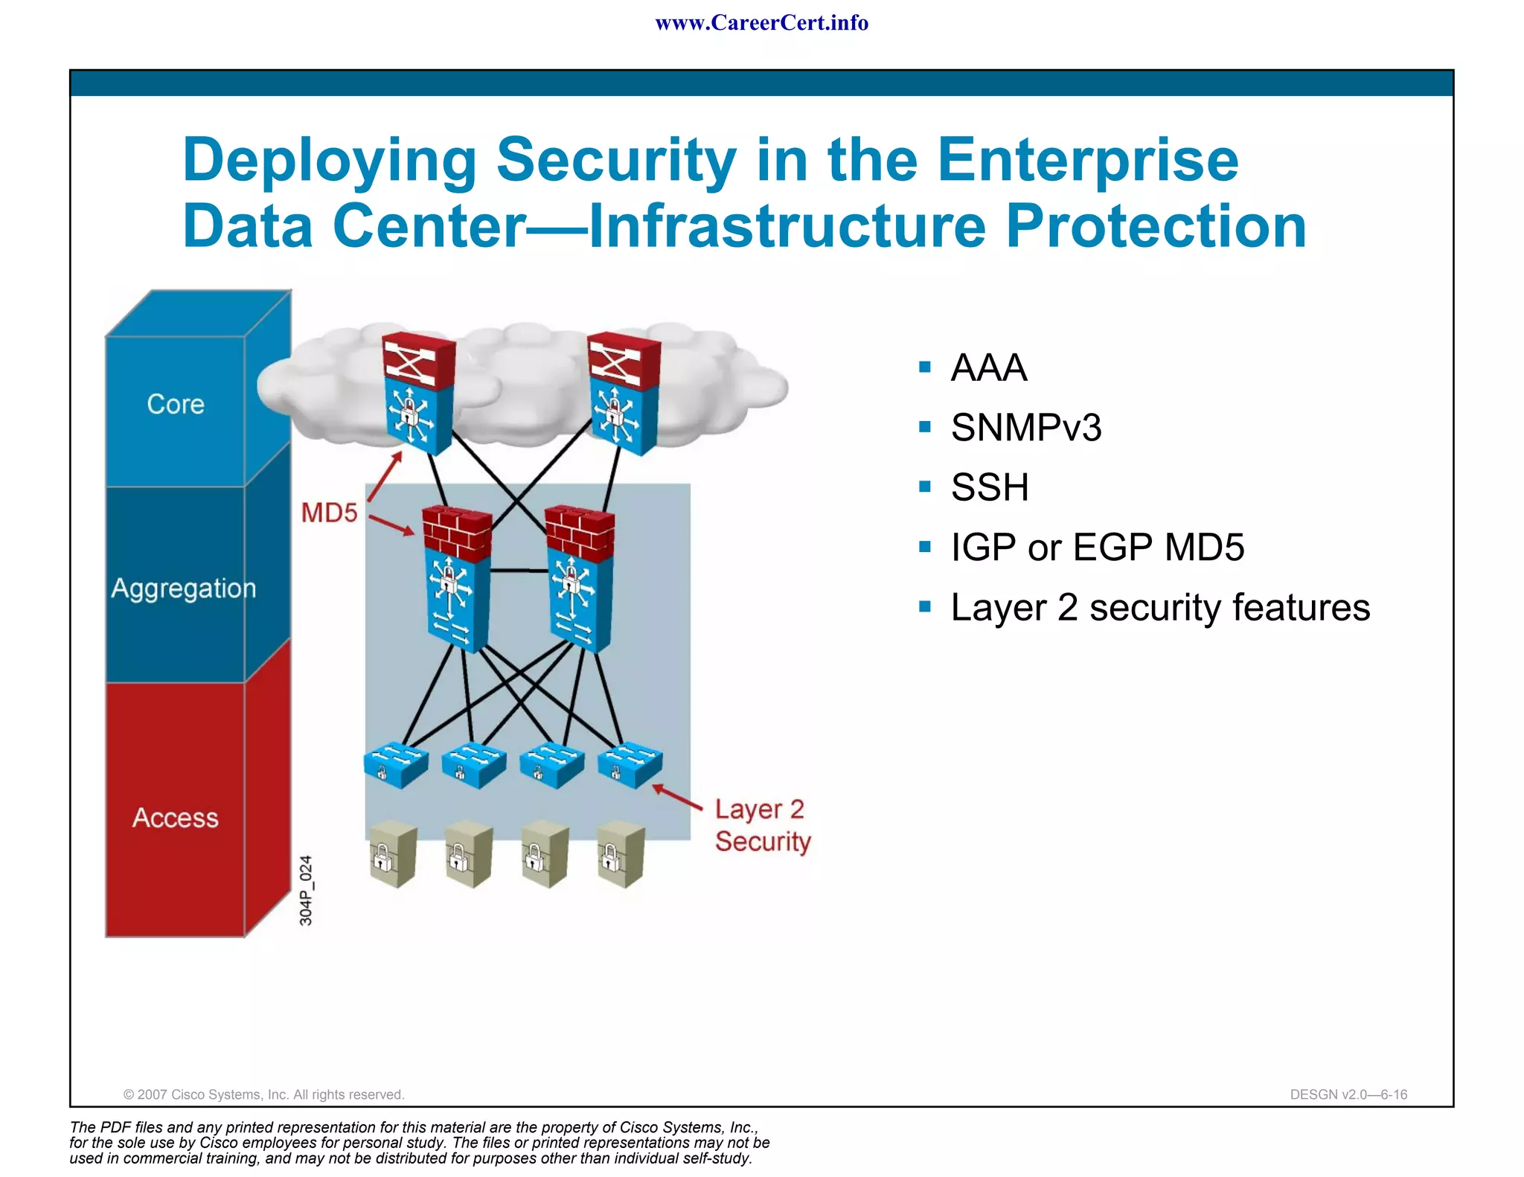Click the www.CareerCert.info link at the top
tap(761, 23)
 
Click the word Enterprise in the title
tap(1087, 160)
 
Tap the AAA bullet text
tap(989, 368)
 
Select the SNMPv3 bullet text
tap(1026, 428)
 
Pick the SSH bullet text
tap(990, 488)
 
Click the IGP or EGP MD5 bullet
tap(1097, 548)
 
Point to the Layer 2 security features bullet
tap(1159, 608)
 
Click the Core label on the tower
tap(176, 404)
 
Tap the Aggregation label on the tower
tap(183, 588)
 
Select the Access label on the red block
tap(176, 818)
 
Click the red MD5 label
tap(329, 513)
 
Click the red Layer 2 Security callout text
tap(762, 825)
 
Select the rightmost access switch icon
tap(630, 764)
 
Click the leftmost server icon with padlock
tap(393, 854)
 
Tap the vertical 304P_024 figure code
tap(306, 891)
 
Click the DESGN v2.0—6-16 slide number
tap(1348, 1094)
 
